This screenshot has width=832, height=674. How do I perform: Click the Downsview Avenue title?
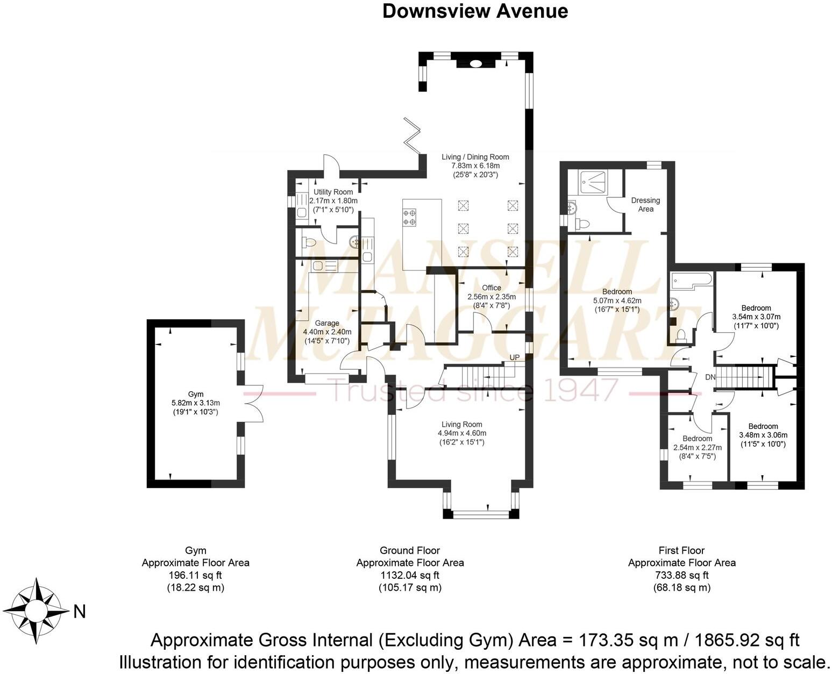(475, 11)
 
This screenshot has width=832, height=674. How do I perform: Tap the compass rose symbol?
(35, 611)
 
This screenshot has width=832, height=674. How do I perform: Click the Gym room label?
(196, 394)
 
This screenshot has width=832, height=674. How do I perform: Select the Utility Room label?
(333, 192)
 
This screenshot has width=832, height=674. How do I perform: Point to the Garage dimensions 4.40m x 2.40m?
(327, 332)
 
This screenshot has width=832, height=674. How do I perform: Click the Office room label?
(491, 288)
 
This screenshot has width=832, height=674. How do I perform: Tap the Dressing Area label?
(645, 204)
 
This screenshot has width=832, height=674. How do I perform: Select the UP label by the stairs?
(515, 357)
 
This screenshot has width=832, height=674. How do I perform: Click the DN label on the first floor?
(710, 377)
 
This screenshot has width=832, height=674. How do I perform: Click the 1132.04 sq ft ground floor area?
(410, 575)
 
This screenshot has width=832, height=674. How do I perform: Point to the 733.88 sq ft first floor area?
(681, 575)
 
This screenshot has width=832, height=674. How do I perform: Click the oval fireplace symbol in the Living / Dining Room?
(476, 64)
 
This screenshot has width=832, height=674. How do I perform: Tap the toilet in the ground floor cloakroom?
(308, 242)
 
